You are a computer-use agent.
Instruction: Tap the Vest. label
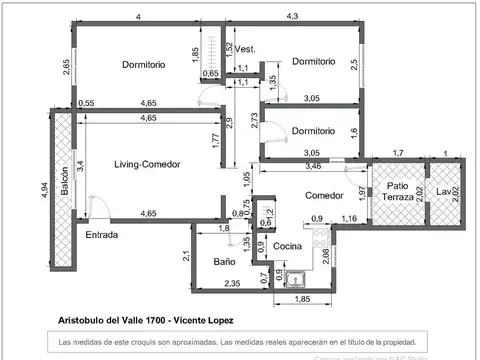(x=245, y=49)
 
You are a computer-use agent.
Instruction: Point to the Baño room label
(x=224, y=262)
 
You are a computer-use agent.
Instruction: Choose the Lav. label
(x=443, y=191)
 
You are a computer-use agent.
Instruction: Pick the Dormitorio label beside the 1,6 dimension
(x=313, y=131)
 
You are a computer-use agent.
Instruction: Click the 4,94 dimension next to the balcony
(x=44, y=189)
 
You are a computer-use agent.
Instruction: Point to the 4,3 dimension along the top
(x=293, y=17)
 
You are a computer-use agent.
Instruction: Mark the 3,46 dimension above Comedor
(x=312, y=164)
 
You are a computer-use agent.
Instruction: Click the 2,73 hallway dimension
(x=254, y=119)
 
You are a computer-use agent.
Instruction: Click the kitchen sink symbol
(x=296, y=279)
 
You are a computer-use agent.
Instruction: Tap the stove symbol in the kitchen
(x=319, y=239)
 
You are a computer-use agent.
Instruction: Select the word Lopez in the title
(x=217, y=320)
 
